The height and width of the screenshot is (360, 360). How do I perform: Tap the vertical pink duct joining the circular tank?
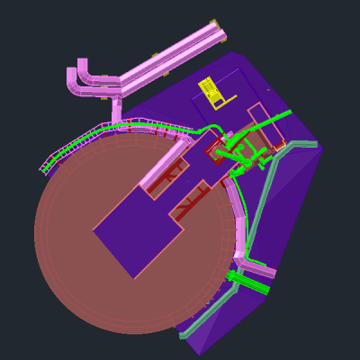(117, 111)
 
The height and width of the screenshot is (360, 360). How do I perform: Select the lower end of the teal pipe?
(184, 336)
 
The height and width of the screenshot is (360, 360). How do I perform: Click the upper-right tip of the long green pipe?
(288, 112)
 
